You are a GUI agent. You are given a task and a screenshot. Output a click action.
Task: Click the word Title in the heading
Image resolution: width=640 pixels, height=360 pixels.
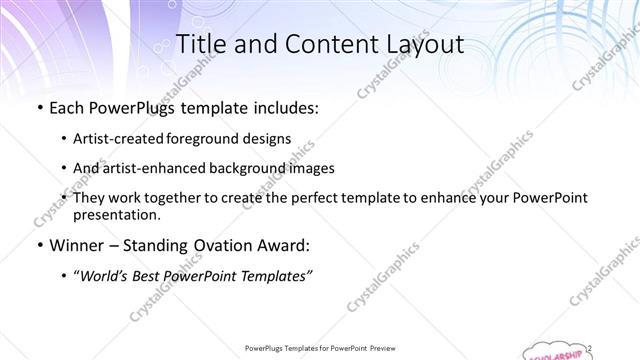click(198, 45)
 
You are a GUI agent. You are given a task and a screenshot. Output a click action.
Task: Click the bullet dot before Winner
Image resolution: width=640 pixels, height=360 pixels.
click(38, 245)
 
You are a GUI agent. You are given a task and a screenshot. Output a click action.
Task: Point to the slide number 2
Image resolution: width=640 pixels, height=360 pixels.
click(590, 347)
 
